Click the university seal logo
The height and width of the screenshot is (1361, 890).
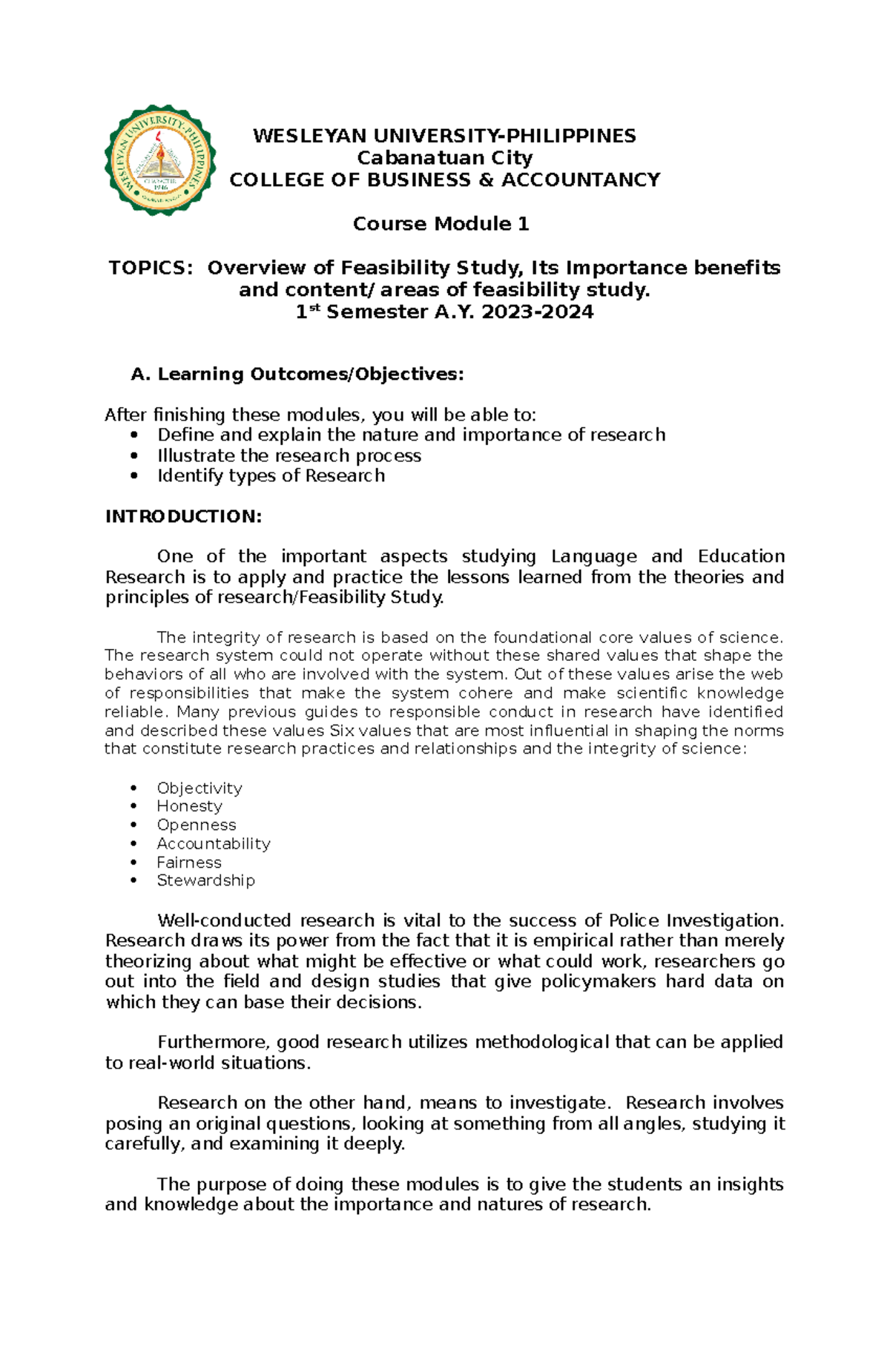tap(160, 160)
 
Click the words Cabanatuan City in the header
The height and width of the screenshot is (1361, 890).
tap(444, 158)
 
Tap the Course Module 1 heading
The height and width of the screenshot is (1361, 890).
tap(441, 224)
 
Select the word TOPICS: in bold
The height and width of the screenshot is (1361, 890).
tap(151, 268)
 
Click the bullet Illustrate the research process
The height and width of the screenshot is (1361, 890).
tap(289, 455)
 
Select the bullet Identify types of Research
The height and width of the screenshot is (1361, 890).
tap(271, 475)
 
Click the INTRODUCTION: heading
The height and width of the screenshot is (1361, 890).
tap(183, 516)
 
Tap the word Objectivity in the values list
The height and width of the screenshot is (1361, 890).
tap(199, 788)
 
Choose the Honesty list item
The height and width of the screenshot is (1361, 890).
tap(189, 806)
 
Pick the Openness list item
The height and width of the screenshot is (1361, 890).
tap(196, 825)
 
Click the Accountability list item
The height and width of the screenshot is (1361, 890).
tap(213, 843)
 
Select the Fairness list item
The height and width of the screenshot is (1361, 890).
tap(188, 862)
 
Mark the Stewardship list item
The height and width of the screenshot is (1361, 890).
tap(205, 880)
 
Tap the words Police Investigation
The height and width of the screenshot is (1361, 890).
tap(695, 920)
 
